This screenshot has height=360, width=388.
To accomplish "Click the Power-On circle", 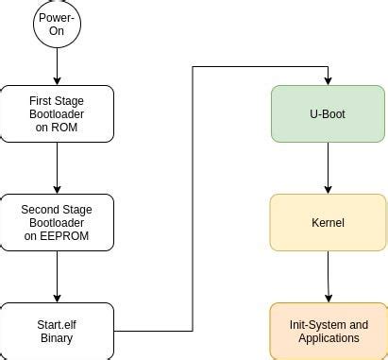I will pyautogui.click(x=57, y=24).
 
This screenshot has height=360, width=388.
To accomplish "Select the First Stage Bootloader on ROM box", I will pyautogui.click(x=57, y=113).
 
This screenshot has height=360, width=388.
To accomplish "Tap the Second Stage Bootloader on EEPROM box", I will pyautogui.click(x=57, y=223).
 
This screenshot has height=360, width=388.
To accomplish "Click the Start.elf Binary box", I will pyautogui.click(x=57, y=331).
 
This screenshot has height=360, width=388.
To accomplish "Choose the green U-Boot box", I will pyautogui.click(x=328, y=113).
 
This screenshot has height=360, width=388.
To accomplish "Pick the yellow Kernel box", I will pyautogui.click(x=328, y=223).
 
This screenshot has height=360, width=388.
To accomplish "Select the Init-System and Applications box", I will pyautogui.click(x=328, y=331).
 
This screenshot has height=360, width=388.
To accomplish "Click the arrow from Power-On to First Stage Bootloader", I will pyautogui.click(x=57, y=66).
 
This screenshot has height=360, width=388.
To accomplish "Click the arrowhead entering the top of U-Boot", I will pyautogui.click(x=328, y=80).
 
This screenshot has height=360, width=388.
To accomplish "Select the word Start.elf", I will pyautogui.click(x=57, y=325).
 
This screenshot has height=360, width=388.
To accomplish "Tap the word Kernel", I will pyautogui.click(x=328, y=223).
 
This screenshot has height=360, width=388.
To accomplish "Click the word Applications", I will pyautogui.click(x=328, y=338).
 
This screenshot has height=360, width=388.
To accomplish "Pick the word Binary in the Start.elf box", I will pyautogui.click(x=57, y=338).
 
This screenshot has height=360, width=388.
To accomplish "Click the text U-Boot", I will pyautogui.click(x=328, y=113).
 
